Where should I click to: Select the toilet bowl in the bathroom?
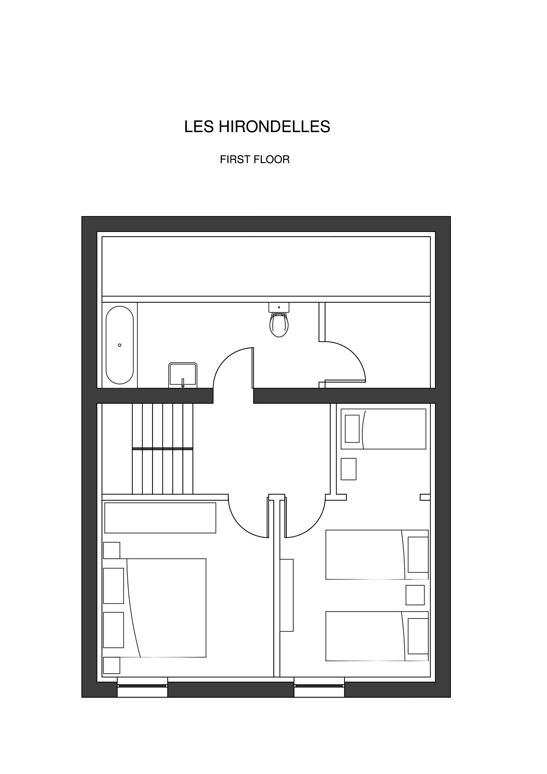tap(279, 324)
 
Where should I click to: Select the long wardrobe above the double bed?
tap(160, 518)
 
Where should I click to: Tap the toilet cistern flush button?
tap(279, 307)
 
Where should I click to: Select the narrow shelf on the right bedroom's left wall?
tap(286, 595)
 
